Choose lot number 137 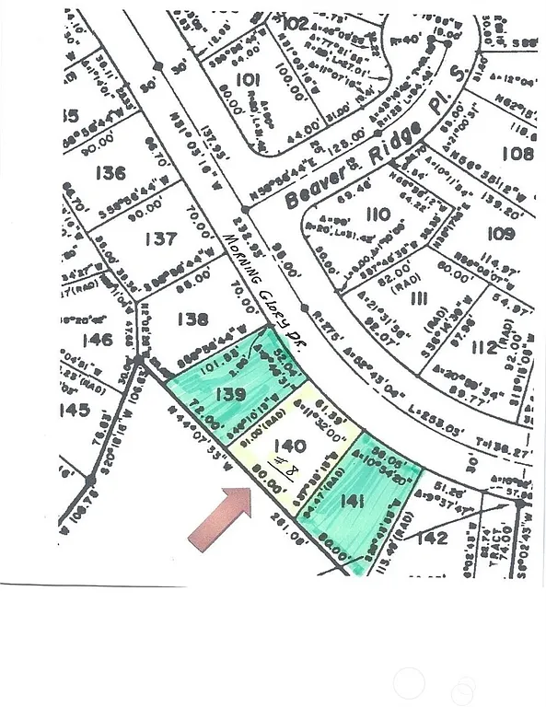click(x=160, y=239)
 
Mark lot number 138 click(x=192, y=319)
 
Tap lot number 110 click(x=378, y=215)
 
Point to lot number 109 click(x=503, y=233)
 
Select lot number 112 click(x=483, y=347)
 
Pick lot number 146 click(x=97, y=341)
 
